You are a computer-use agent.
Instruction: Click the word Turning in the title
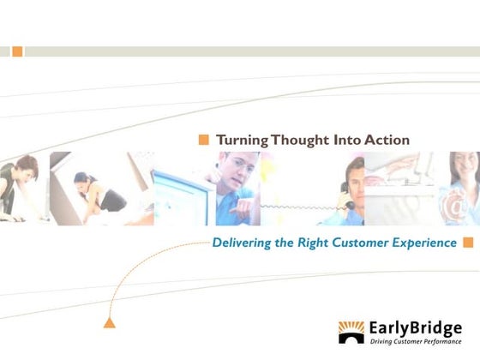click(242, 140)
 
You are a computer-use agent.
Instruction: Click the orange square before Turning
click(204, 140)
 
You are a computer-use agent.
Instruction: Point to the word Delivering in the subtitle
click(243, 243)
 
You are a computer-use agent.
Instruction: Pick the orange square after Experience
click(468, 243)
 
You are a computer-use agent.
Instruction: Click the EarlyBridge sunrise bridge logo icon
click(351, 332)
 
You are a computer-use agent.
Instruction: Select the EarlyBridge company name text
click(415, 327)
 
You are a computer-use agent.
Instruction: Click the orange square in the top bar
click(18, 51)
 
